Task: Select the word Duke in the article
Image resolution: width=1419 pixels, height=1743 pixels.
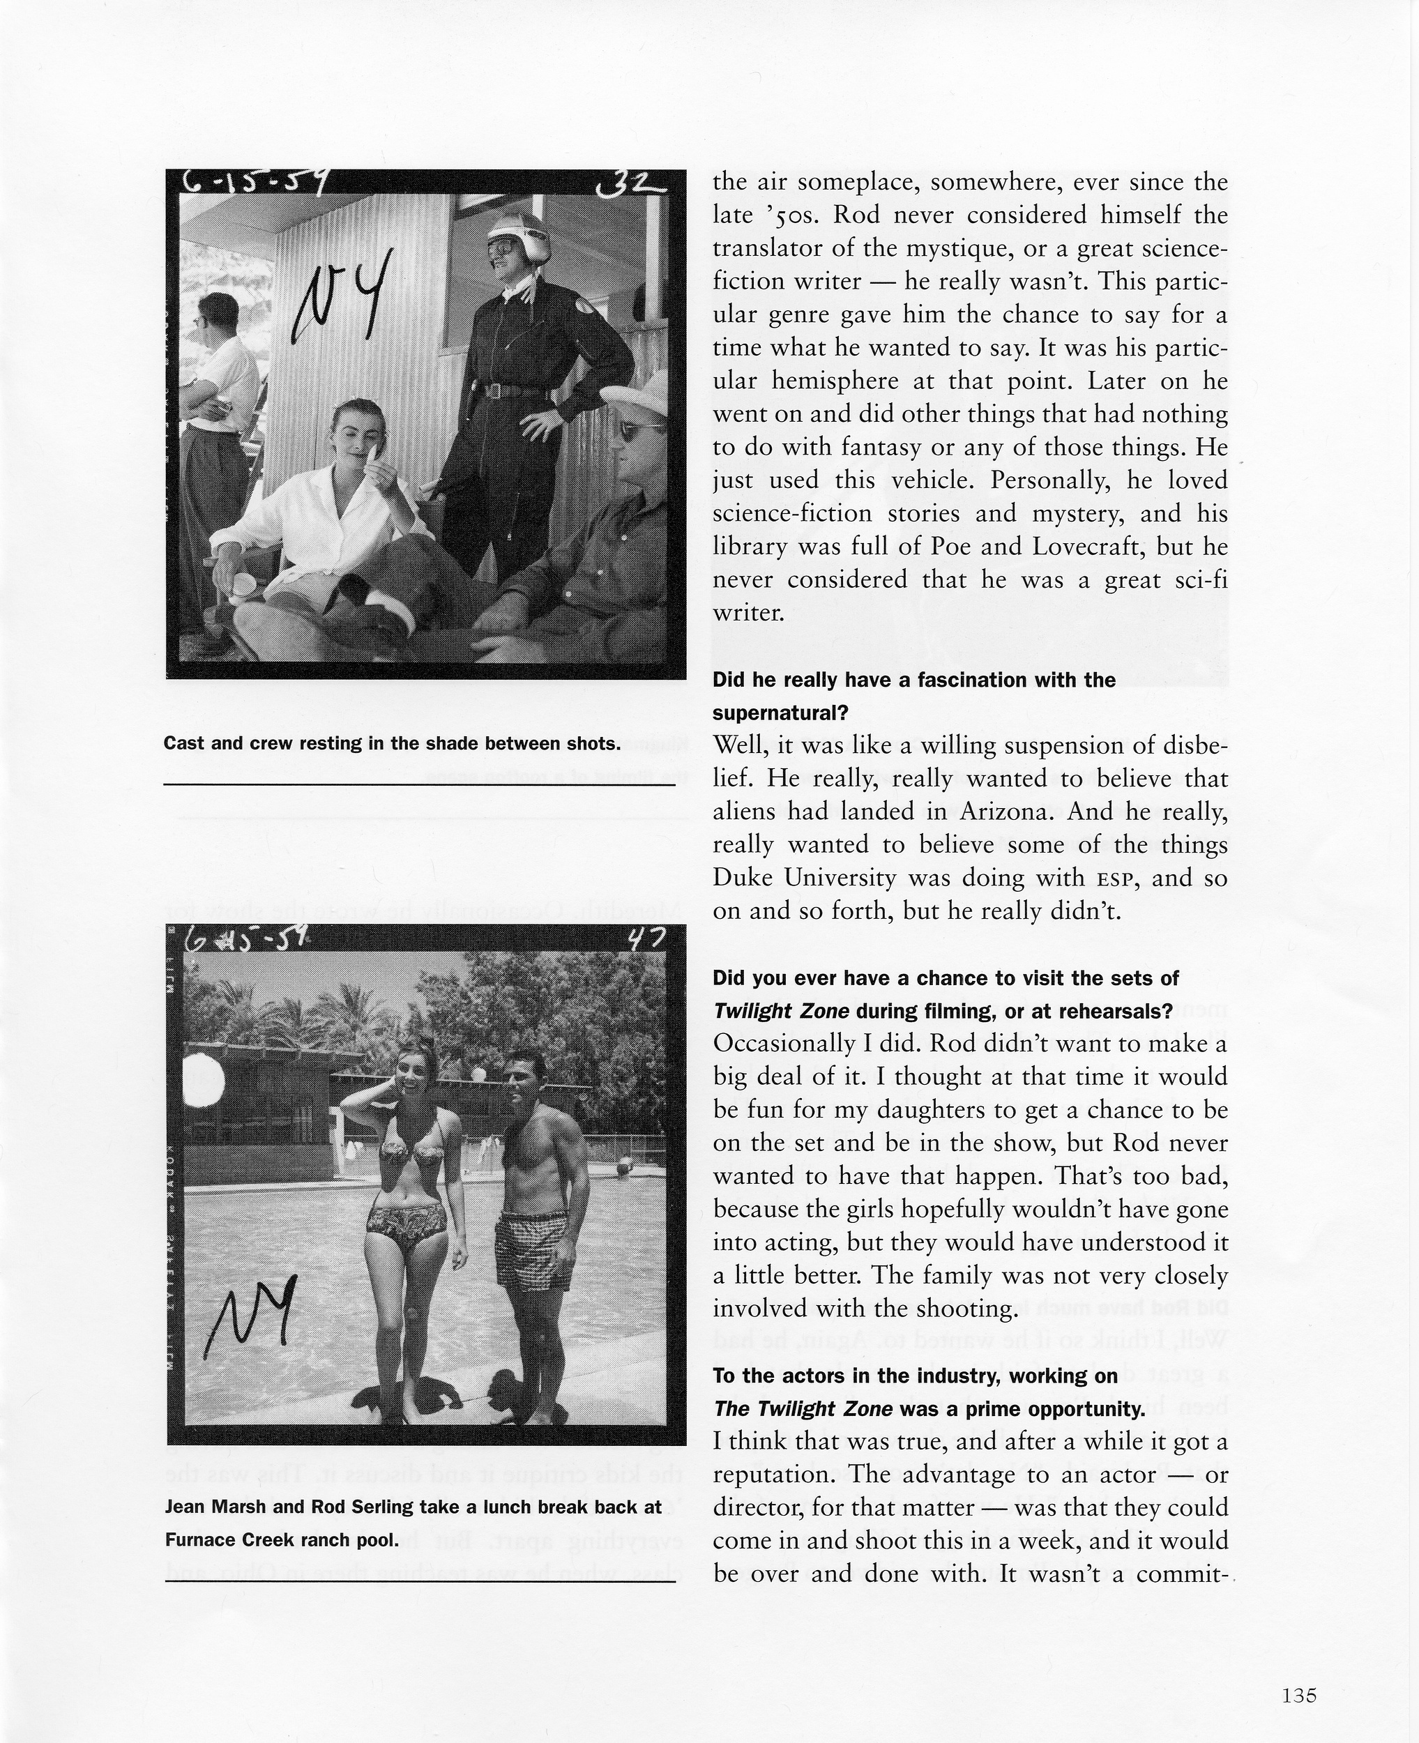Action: coord(740,878)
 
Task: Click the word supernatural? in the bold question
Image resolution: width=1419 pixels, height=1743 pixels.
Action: coord(780,713)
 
